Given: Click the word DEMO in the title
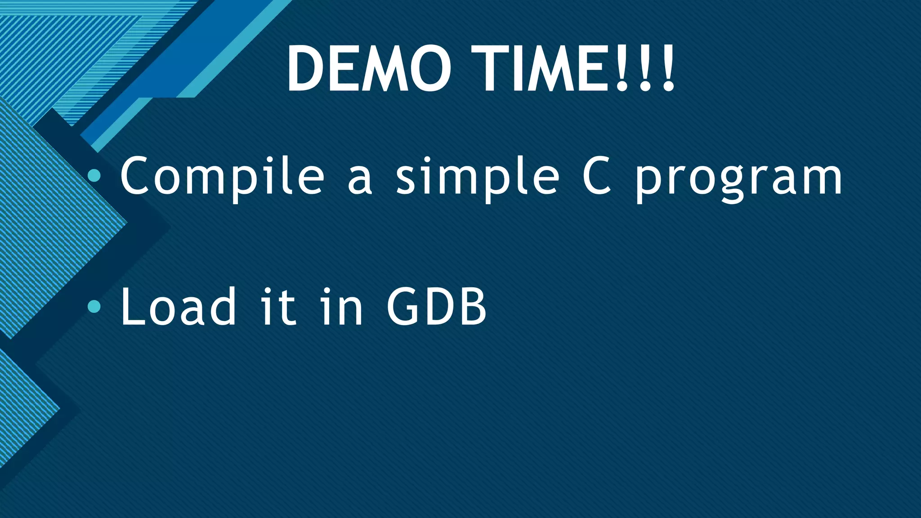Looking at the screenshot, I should click(x=369, y=69).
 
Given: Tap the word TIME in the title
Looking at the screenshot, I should click(x=540, y=69).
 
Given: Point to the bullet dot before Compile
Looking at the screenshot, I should click(x=94, y=175).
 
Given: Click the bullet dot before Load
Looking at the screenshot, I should click(x=94, y=306).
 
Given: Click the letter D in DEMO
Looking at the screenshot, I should click(x=306, y=69).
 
